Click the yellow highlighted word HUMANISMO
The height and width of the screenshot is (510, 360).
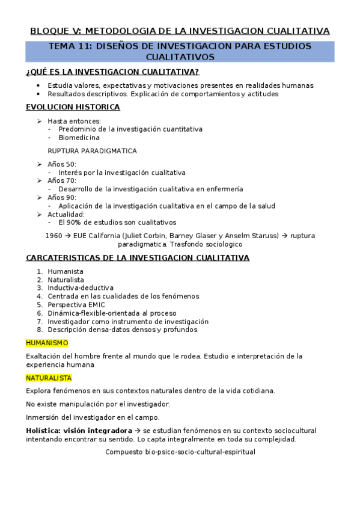click(47, 343)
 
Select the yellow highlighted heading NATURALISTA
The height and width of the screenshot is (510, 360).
click(49, 378)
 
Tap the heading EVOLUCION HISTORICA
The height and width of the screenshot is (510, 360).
click(73, 107)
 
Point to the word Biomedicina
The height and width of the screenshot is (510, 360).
click(79, 137)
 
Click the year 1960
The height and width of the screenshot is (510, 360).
click(53, 236)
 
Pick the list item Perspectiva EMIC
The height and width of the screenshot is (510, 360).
click(76, 304)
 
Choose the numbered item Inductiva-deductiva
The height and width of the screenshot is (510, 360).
click(81, 288)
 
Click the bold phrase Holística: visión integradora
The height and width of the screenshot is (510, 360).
click(79, 431)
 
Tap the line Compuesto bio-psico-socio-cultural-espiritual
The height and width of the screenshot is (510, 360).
click(180, 452)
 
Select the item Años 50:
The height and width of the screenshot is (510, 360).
click(62, 164)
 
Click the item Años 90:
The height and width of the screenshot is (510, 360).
click(62, 197)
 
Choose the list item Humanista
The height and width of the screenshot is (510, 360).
click(66, 271)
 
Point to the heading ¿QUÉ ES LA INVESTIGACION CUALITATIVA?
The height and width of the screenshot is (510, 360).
click(112, 72)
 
